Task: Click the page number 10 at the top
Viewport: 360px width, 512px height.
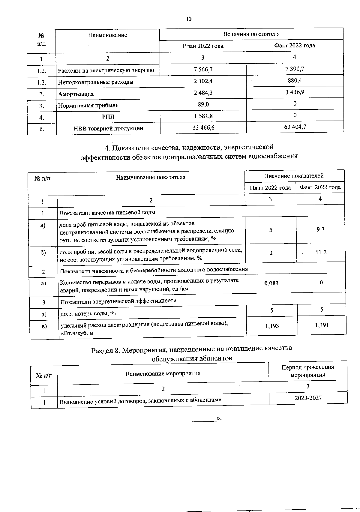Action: click(x=188, y=19)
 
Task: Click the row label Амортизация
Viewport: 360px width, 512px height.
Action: click(x=76, y=94)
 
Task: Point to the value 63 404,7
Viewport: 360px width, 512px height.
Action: click(x=295, y=127)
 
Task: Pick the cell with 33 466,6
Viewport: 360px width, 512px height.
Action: click(x=203, y=127)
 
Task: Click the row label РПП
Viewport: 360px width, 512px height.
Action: click(x=108, y=117)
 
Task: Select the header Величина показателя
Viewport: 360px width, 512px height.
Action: click(x=251, y=34)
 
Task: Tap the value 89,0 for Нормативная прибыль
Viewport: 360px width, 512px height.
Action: click(x=203, y=104)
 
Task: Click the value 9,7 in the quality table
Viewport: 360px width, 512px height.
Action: click(x=320, y=229)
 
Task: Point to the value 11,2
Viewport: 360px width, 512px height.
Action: click(x=321, y=252)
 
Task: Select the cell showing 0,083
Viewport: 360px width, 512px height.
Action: click(x=271, y=283)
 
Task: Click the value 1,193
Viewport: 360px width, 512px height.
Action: click(x=272, y=325)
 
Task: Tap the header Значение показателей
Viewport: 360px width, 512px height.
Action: click(x=294, y=176)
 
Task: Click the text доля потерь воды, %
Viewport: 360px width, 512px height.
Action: click(x=88, y=313)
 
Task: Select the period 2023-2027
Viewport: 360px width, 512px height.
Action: click(x=308, y=398)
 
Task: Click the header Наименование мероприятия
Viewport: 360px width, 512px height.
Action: click(x=163, y=373)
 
